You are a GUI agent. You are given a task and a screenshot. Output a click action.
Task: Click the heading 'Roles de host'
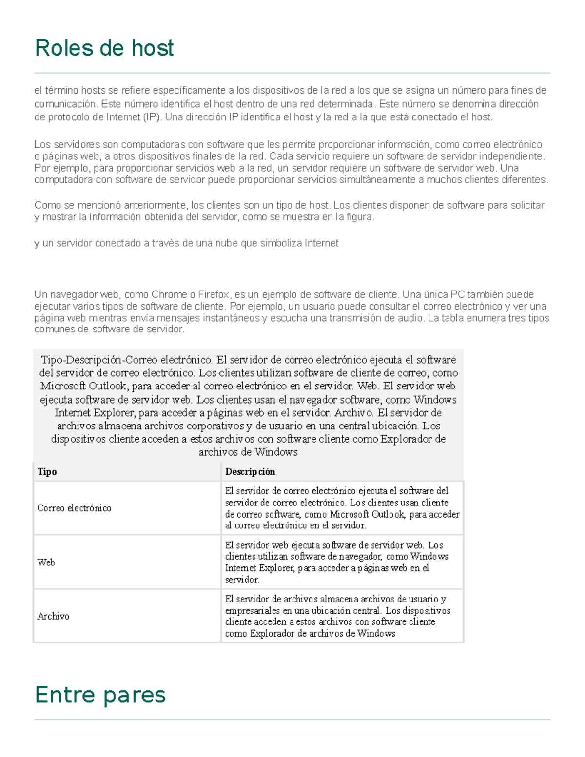pos(104,48)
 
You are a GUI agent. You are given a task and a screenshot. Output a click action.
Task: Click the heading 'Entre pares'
pos(100,695)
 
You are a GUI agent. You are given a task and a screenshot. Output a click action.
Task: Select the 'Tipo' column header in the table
pos(47,472)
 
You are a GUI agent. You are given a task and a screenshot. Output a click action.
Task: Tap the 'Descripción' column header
pos(250,472)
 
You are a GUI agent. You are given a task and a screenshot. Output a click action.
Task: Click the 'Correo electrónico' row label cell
pos(74,508)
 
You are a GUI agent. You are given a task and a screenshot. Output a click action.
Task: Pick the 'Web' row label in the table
pos(46,563)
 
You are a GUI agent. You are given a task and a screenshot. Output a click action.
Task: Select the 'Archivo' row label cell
pos(53,616)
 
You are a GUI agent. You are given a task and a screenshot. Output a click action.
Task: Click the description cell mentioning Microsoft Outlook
pos(342,508)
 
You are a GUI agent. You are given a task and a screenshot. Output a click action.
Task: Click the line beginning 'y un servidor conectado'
pos(186,243)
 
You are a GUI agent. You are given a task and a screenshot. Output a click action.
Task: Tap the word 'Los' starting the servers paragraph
pos(42,144)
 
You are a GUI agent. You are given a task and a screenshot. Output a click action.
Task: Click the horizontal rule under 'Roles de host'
pos(292,73)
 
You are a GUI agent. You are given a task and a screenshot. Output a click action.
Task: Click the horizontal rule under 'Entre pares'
pos(292,719)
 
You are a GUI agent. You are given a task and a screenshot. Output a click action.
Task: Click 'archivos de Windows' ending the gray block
pos(248,452)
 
